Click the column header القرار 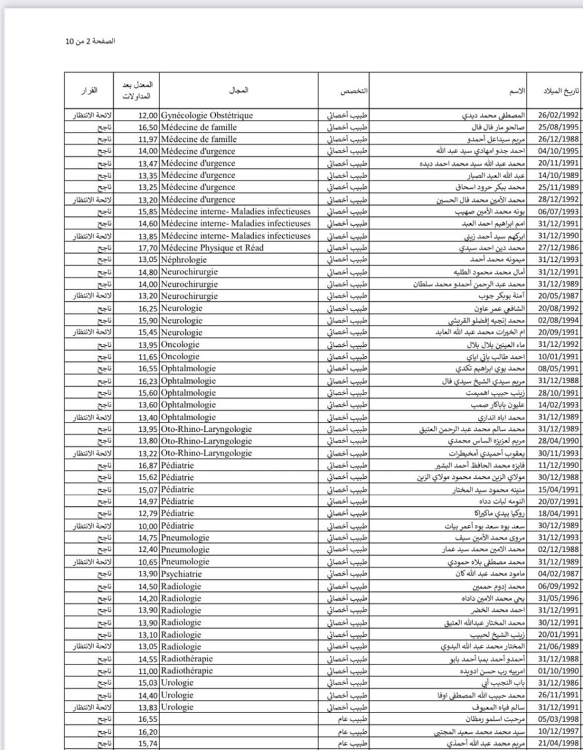click(89, 91)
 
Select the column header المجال click(240, 91)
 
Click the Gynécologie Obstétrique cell click(207, 116)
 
